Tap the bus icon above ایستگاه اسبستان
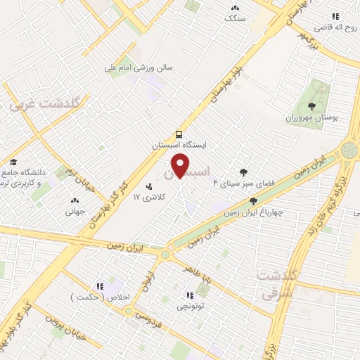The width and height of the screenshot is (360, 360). tap(180, 134)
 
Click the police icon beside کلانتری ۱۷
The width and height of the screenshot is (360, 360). tap(149, 186)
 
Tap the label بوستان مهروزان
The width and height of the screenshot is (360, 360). tap(313, 117)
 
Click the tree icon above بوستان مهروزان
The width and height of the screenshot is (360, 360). tap(312, 106)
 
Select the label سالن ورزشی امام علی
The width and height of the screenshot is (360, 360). tap(139, 68)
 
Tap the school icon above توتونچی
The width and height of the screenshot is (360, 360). tap(189, 295)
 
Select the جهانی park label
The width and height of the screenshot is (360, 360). tap(75, 210)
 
